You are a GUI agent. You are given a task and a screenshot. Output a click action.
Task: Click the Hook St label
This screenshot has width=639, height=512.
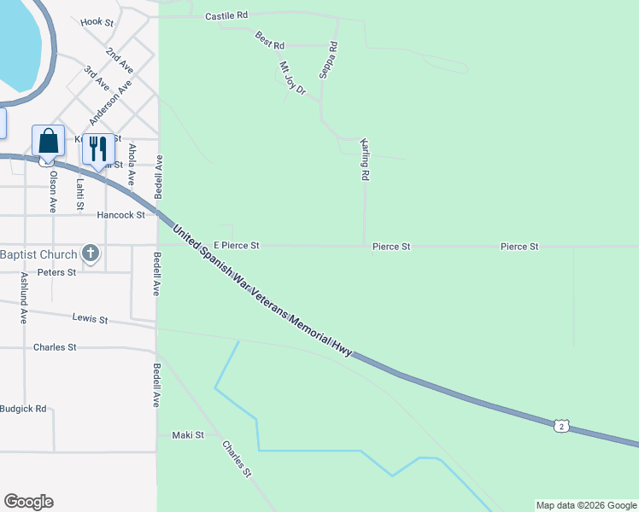pos(97,22)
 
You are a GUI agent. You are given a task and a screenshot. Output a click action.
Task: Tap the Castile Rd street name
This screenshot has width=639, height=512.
pos(226,15)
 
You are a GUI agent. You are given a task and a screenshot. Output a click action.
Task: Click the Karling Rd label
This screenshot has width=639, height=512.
pos(365,159)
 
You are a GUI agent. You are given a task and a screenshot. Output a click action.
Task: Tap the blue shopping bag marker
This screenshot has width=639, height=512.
pos(48,142)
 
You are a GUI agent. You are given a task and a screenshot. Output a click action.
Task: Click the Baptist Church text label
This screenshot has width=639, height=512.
pos(37,253)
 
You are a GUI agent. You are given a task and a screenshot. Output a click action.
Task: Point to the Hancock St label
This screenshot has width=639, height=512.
pos(120,215)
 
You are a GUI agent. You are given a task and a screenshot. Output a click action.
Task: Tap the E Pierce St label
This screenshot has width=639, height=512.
pos(237,246)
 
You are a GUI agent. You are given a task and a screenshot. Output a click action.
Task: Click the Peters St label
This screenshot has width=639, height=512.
pos(56,272)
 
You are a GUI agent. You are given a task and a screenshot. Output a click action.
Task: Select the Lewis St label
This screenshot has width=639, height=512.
pos(91,320)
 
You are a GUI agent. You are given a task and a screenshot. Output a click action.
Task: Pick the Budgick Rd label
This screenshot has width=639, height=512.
pos(23,409)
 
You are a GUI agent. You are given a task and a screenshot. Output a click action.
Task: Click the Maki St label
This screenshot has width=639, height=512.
pos(188,434)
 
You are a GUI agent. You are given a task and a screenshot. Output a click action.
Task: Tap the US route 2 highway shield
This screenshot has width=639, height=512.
pos(560,424)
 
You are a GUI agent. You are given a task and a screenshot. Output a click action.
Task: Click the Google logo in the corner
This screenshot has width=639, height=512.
pos(28,502)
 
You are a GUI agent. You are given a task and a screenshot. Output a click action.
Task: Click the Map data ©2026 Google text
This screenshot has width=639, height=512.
pos(586,505)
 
